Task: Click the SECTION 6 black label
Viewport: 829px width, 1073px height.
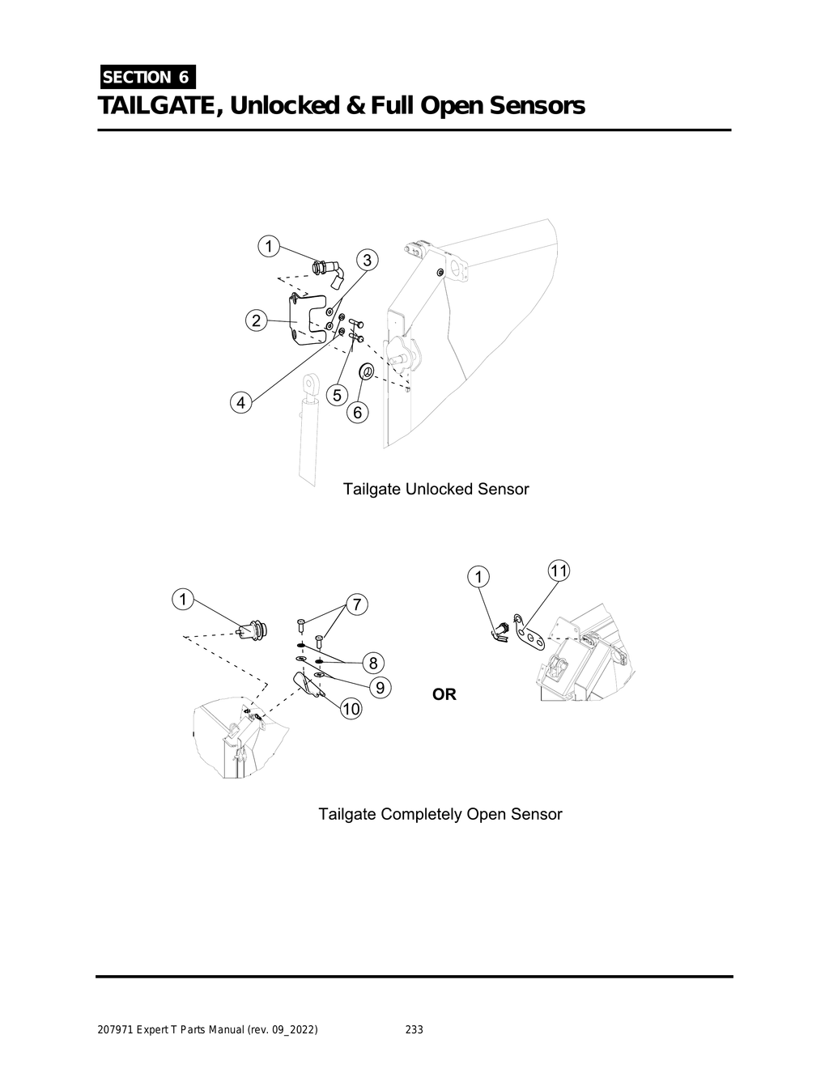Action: point(147,78)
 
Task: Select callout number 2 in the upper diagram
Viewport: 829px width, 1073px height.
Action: point(256,320)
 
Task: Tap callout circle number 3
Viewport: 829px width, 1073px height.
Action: point(367,260)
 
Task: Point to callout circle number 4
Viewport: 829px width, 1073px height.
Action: point(240,402)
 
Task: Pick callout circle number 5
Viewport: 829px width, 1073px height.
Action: point(337,395)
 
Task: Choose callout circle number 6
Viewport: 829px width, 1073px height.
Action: point(357,413)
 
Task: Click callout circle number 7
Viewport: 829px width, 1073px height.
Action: point(356,604)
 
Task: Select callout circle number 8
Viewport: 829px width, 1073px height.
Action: point(372,663)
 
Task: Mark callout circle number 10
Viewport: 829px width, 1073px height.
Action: point(351,710)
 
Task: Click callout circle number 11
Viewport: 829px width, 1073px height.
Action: point(559,570)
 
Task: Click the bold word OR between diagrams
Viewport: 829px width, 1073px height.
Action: point(444,694)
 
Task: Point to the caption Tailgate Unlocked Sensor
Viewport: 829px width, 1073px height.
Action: point(436,490)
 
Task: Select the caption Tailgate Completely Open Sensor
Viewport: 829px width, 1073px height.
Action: point(440,814)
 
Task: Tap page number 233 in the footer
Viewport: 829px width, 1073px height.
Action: point(414,1030)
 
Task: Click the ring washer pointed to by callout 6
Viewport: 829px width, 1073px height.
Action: point(365,372)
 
